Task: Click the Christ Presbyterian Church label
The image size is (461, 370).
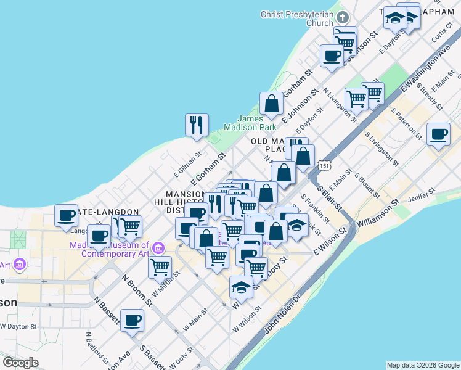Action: point(296,18)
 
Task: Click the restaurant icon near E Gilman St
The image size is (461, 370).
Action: point(196,125)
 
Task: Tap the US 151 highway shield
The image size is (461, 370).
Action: point(325,166)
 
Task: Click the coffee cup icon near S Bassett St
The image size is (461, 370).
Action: point(133,321)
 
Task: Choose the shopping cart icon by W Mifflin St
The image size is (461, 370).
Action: point(160,267)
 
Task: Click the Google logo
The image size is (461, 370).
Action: point(21,363)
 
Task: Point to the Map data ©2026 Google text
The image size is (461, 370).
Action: point(423,365)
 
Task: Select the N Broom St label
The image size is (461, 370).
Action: point(137,289)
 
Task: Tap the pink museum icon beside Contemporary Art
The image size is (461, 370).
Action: point(159,249)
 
